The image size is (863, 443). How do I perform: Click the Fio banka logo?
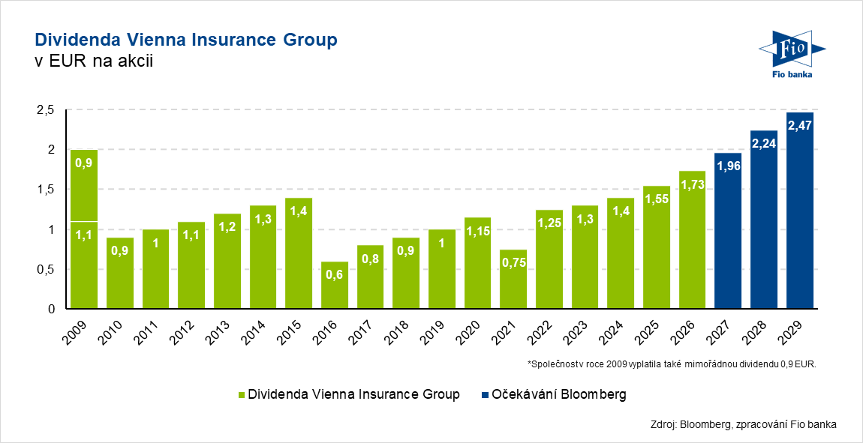click(793, 54)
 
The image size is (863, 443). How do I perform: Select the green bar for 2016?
click(335, 285)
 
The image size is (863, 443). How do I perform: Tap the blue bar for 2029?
click(799, 211)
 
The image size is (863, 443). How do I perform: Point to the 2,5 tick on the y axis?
click(47, 110)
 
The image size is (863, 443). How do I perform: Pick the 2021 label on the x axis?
click(509, 329)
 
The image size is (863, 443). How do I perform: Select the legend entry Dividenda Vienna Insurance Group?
click(348, 394)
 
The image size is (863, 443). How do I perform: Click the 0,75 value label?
click(513, 263)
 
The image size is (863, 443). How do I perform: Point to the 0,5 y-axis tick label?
click(47, 270)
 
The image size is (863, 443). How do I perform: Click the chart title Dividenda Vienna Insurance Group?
click(186, 40)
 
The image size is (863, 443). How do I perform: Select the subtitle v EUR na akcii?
click(95, 61)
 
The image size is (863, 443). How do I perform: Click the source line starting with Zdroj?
click(743, 424)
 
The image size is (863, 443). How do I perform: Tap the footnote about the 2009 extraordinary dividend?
click(672, 364)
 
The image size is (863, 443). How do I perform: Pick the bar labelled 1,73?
click(692, 240)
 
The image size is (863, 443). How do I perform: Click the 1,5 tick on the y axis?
click(47, 190)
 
